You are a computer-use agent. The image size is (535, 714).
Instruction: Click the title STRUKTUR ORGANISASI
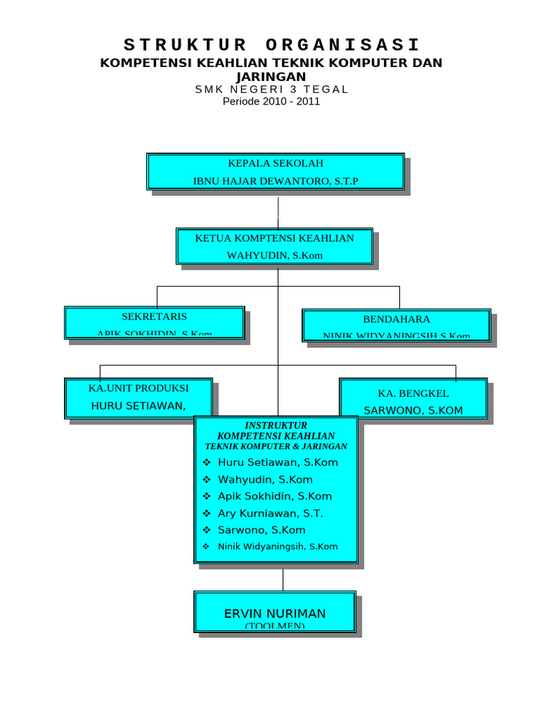272,46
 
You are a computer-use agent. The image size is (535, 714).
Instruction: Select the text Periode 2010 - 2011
271,102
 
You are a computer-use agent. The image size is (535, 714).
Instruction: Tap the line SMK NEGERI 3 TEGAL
271,89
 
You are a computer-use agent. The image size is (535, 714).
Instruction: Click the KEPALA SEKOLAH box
275,172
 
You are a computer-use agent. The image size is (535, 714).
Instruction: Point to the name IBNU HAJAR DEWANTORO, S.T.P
275,181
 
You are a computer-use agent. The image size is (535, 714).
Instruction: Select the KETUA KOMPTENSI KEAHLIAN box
274,246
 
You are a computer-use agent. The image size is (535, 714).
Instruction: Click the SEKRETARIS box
155,322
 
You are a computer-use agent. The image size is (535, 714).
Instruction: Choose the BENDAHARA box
396,325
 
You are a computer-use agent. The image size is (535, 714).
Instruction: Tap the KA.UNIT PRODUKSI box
139,397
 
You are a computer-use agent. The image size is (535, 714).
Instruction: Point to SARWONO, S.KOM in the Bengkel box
413,411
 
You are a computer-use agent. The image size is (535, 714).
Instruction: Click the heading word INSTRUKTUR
276,425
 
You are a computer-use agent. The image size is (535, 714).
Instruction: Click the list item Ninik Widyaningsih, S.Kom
277,547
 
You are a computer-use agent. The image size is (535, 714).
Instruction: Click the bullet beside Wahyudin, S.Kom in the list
206,480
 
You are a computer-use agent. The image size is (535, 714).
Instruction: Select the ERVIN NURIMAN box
274,612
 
